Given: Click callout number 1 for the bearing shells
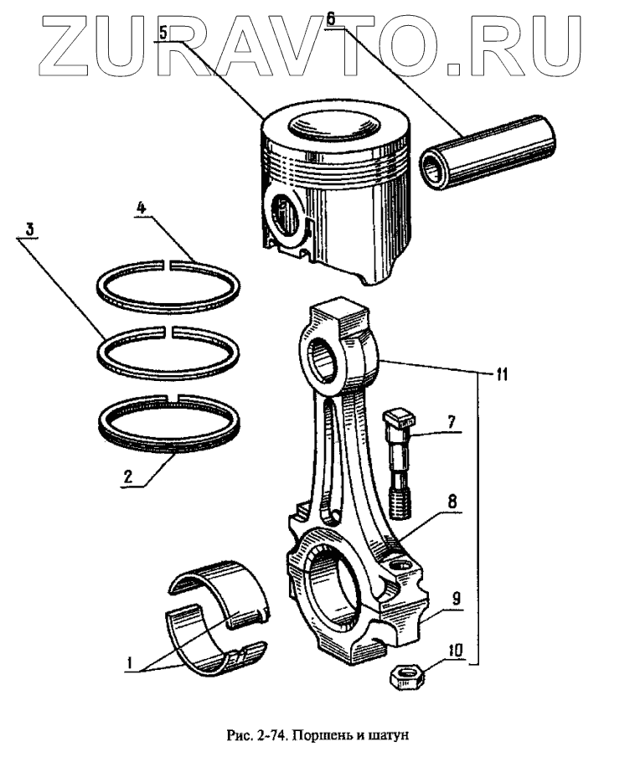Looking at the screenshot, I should pyautogui.click(x=130, y=662).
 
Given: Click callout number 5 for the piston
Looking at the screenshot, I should pyautogui.click(x=164, y=33).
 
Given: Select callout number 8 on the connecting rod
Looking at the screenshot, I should pyautogui.click(x=452, y=502).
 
